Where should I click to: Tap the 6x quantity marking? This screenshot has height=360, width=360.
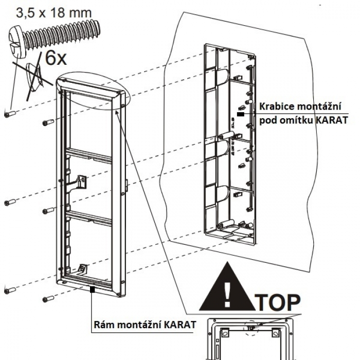(56, 58)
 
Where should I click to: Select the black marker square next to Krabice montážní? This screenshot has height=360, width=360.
(240, 107)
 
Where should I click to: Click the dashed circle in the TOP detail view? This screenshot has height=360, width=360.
(253, 327)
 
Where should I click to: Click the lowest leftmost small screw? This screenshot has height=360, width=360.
(10, 291)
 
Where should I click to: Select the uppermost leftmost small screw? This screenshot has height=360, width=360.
(10, 114)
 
